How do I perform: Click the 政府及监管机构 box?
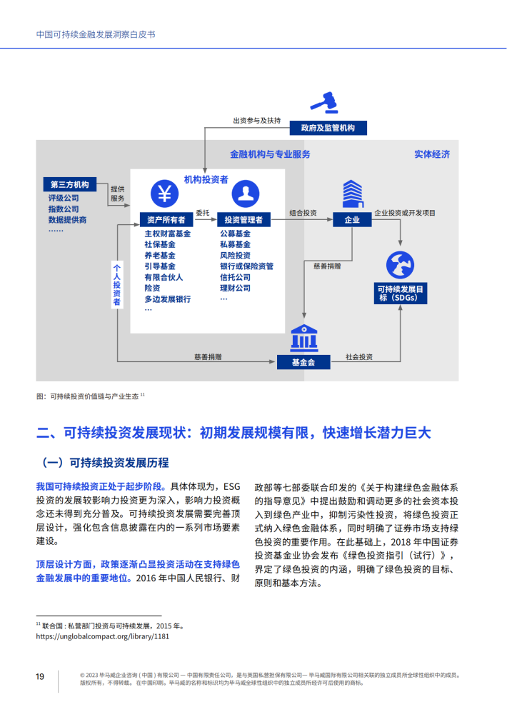click(328, 128)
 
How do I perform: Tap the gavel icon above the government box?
click(325, 102)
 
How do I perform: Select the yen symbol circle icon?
click(164, 194)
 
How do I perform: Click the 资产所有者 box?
click(166, 220)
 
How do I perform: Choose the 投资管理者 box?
click(244, 220)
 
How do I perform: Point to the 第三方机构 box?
click(69, 184)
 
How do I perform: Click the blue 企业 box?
click(352, 220)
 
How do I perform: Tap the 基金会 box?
click(303, 362)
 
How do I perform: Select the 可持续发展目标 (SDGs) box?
click(401, 293)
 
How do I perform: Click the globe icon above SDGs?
click(400, 265)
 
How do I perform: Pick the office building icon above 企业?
click(353, 194)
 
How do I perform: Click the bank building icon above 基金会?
click(304, 339)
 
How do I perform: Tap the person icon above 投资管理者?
click(246, 194)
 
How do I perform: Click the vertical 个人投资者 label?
click(117, 284)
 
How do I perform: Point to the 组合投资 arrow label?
click(303, 213)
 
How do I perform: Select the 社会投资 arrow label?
click(359, 356)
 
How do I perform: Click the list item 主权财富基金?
click(167, 234)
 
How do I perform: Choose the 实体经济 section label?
click(432, 154)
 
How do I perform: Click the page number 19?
click(40, 676)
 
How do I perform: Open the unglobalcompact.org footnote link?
click(102, 636)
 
